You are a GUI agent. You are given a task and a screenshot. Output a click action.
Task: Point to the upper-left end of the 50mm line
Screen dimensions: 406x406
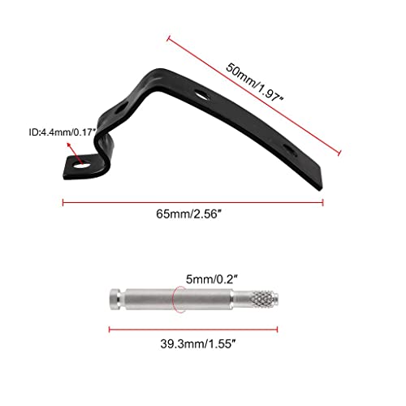tap(168, 37)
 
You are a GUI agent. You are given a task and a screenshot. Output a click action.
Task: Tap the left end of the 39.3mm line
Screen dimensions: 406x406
tap(109, 328)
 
